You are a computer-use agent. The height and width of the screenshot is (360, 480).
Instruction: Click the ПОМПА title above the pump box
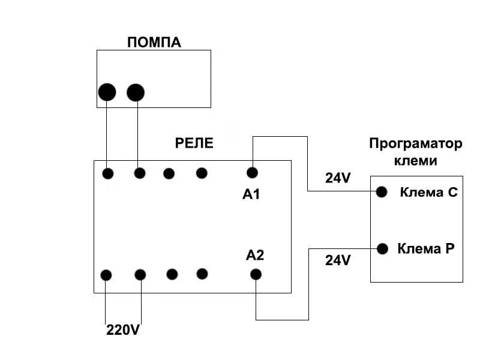pos(154,42)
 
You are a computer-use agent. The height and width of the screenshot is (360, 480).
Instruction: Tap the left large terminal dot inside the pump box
pos(107,92)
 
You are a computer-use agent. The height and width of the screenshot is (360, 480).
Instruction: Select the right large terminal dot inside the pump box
pos(136,92)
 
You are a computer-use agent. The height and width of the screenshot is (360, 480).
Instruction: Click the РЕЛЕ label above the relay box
pos(194,143)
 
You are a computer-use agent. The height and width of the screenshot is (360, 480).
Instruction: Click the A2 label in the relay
pos(255,255)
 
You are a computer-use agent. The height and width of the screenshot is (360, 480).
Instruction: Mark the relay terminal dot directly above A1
pos(253,173)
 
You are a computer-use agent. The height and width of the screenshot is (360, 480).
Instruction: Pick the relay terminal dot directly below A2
pos(256,275)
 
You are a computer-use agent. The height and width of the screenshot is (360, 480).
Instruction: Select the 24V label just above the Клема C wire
pos(338,178)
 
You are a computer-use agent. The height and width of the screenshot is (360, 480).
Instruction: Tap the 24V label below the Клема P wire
pos(338,260)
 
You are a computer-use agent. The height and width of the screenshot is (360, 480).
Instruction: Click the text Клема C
pos(429,193)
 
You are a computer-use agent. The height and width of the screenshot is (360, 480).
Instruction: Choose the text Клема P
pos(426,248)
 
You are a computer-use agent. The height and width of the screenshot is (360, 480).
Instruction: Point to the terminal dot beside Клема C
pos(382,192)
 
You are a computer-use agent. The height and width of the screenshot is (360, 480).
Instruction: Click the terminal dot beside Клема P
pos(382,248)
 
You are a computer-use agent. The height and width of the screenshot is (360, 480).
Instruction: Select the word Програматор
pos(416,144)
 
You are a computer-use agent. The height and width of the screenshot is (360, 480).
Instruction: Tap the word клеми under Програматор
pos(416,161)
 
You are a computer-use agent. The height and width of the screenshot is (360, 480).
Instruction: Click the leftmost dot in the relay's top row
pos(107,174)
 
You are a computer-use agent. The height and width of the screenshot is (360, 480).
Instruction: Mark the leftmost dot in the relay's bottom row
pos(106,275)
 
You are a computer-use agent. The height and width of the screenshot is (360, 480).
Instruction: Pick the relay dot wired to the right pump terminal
pos(139,173)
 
